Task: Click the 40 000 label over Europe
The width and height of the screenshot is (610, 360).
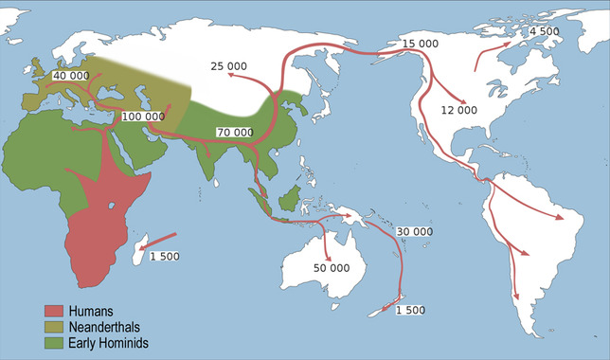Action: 72,76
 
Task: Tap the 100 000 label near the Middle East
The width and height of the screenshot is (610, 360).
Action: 142,117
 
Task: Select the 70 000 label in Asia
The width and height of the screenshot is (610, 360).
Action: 235,132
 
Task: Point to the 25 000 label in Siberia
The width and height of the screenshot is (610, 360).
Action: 229,66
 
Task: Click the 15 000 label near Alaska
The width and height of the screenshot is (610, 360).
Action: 421,45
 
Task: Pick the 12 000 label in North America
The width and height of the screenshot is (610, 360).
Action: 459,111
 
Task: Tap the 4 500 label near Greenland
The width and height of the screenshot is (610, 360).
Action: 545,31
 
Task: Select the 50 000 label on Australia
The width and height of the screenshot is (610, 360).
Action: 332,268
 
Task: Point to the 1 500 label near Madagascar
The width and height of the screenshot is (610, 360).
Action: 165,257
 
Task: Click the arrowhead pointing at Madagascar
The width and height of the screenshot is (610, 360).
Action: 143,248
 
